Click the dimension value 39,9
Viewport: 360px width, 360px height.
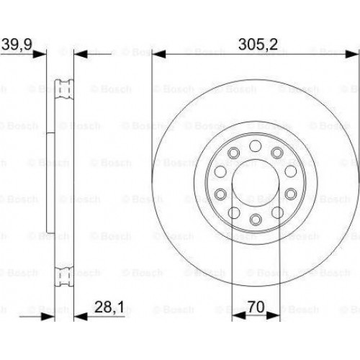pos(17,44)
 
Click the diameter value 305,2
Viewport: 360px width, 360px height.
pos(258,44)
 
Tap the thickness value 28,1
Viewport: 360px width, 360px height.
pos(109,307)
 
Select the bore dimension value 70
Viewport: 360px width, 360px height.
pos(256,307)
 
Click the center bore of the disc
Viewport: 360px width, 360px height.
pos(256,183)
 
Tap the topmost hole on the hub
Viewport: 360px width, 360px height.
pos(255,146)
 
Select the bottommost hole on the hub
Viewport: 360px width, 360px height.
pos(256,220)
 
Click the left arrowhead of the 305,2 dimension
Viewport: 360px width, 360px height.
pos(159,54)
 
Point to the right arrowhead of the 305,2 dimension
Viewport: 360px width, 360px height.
pos(352,54)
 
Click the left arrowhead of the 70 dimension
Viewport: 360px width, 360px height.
pos(239,316)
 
